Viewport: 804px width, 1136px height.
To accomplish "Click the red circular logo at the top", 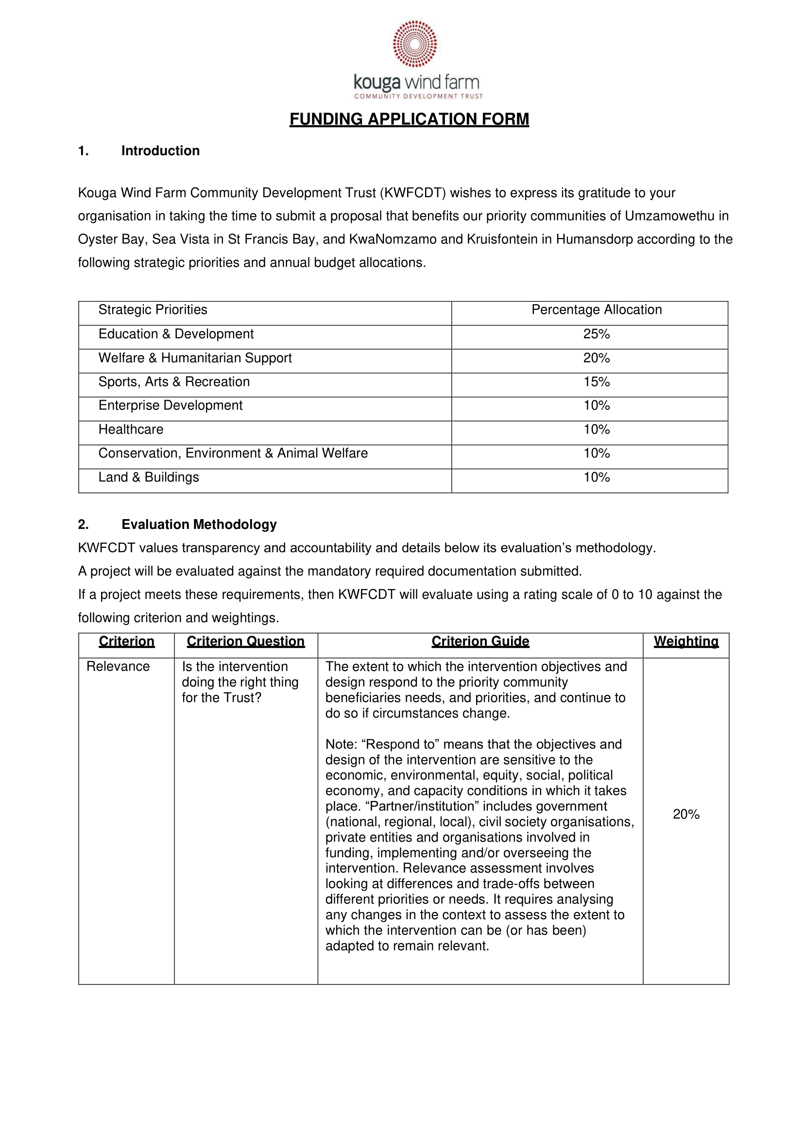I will point(415,44).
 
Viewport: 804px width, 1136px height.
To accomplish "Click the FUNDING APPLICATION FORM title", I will point(409,119).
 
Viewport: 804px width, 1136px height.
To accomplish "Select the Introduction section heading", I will point(160,151).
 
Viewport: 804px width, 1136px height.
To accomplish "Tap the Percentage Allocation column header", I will point(596,310).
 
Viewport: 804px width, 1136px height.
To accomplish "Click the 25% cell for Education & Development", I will point(596,334).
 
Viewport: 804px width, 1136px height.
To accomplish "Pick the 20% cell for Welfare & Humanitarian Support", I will point(596,358).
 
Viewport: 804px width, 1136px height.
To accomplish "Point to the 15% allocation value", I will point(596,382).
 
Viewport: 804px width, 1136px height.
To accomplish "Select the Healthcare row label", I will point(131,429).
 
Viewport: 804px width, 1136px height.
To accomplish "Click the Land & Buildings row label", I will point(149,477).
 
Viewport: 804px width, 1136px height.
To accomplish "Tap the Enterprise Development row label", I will point(171,406).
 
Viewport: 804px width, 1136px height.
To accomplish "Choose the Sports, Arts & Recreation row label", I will point(174,382).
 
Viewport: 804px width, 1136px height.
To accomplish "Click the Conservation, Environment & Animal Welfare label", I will point(233,454).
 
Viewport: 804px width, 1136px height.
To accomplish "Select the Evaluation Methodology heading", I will point(199,524).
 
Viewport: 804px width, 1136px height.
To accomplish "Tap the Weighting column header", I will point(685,642).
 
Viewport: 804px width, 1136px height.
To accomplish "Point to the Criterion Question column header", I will point(245,642).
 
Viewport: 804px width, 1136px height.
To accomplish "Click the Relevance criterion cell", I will point(118,667).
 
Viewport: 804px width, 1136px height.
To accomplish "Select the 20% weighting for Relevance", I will point(685,814).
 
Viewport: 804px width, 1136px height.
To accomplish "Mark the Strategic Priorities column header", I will point(153,310).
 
